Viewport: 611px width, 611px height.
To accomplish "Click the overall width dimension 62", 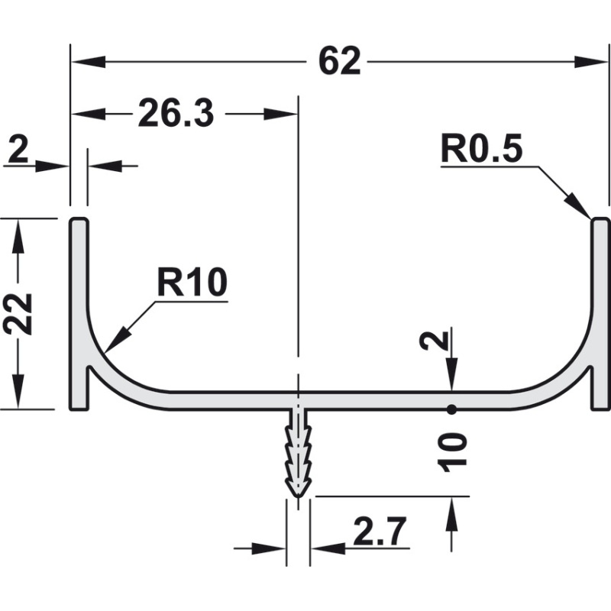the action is coord(340,62).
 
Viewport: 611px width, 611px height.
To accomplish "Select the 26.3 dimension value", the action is coord(176,113).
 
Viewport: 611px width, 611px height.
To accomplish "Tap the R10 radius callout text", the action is coord(192,283).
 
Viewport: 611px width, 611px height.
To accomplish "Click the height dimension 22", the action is coord(18,314).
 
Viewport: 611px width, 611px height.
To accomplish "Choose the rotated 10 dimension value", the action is coord(453,453).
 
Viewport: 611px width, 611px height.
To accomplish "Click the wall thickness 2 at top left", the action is coord(18,150).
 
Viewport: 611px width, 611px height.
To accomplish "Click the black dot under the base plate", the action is coord(451,409).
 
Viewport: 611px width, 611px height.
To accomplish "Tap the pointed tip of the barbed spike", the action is coord(298,497).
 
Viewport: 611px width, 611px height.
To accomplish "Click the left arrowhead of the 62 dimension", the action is coord(88,62).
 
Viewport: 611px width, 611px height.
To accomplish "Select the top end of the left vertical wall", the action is coord(79,218).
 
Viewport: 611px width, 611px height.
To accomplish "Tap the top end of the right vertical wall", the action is coord(600,218).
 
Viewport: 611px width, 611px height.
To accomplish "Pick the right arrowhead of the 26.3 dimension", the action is coord(281,114).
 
